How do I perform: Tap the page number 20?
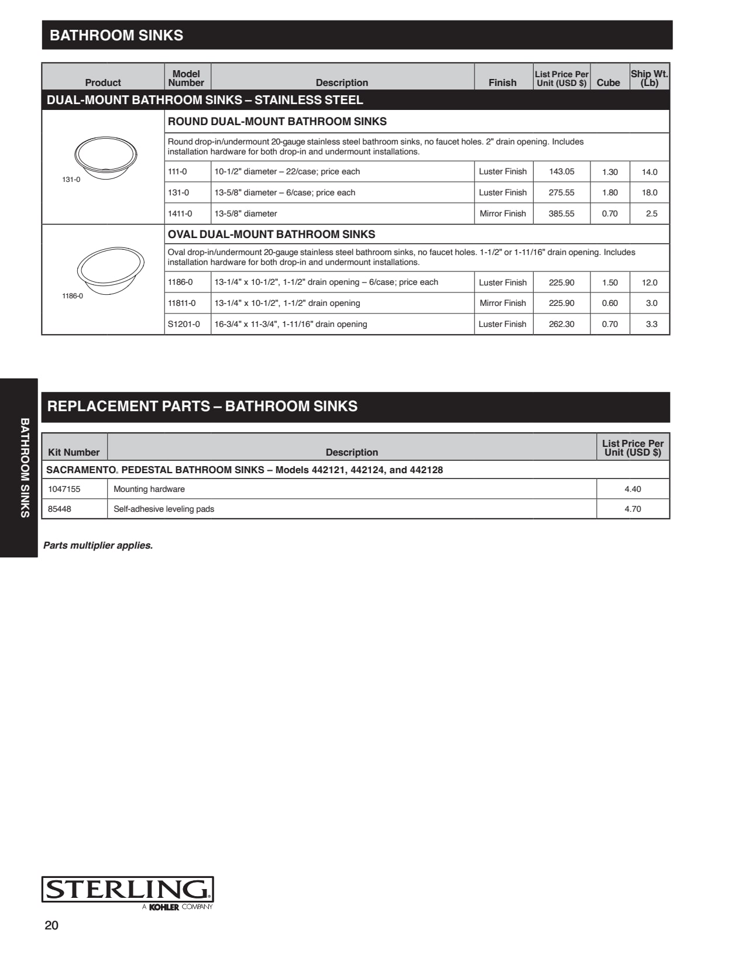pyautogui.click(x=51, y=925)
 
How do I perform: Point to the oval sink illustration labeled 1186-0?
pyautogui.click(x=111, y=269)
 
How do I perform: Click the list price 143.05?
pyautogui.click(x=561, y=171)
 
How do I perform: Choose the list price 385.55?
pyautogui.click(x=561, y=213)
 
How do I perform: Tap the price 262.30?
pyautogui.click(x=561, y=324)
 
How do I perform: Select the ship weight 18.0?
pyautogui.click(x=650, y=192)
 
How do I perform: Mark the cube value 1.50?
pyautogui.click(x=610, y=283)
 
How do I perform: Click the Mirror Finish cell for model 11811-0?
pyautogui.click(x=503, y=303)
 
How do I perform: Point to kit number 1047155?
pyautogui.click(x=64, y=489)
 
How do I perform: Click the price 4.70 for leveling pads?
pyautogui.click(x=633, y=509)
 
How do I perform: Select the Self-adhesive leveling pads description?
pyautogui.click(x=164, y=509)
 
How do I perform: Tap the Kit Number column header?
pyautogui.click(x=74, y=452)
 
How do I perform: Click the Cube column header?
pyautogui.click(x=608, y=82)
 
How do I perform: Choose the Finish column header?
pyautogui.click(x=503, y=82)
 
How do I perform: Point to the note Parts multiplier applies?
pyautogui.click(x=98, y=545)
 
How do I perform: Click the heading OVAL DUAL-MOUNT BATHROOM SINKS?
pyautogui.click(x=272, y=235)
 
